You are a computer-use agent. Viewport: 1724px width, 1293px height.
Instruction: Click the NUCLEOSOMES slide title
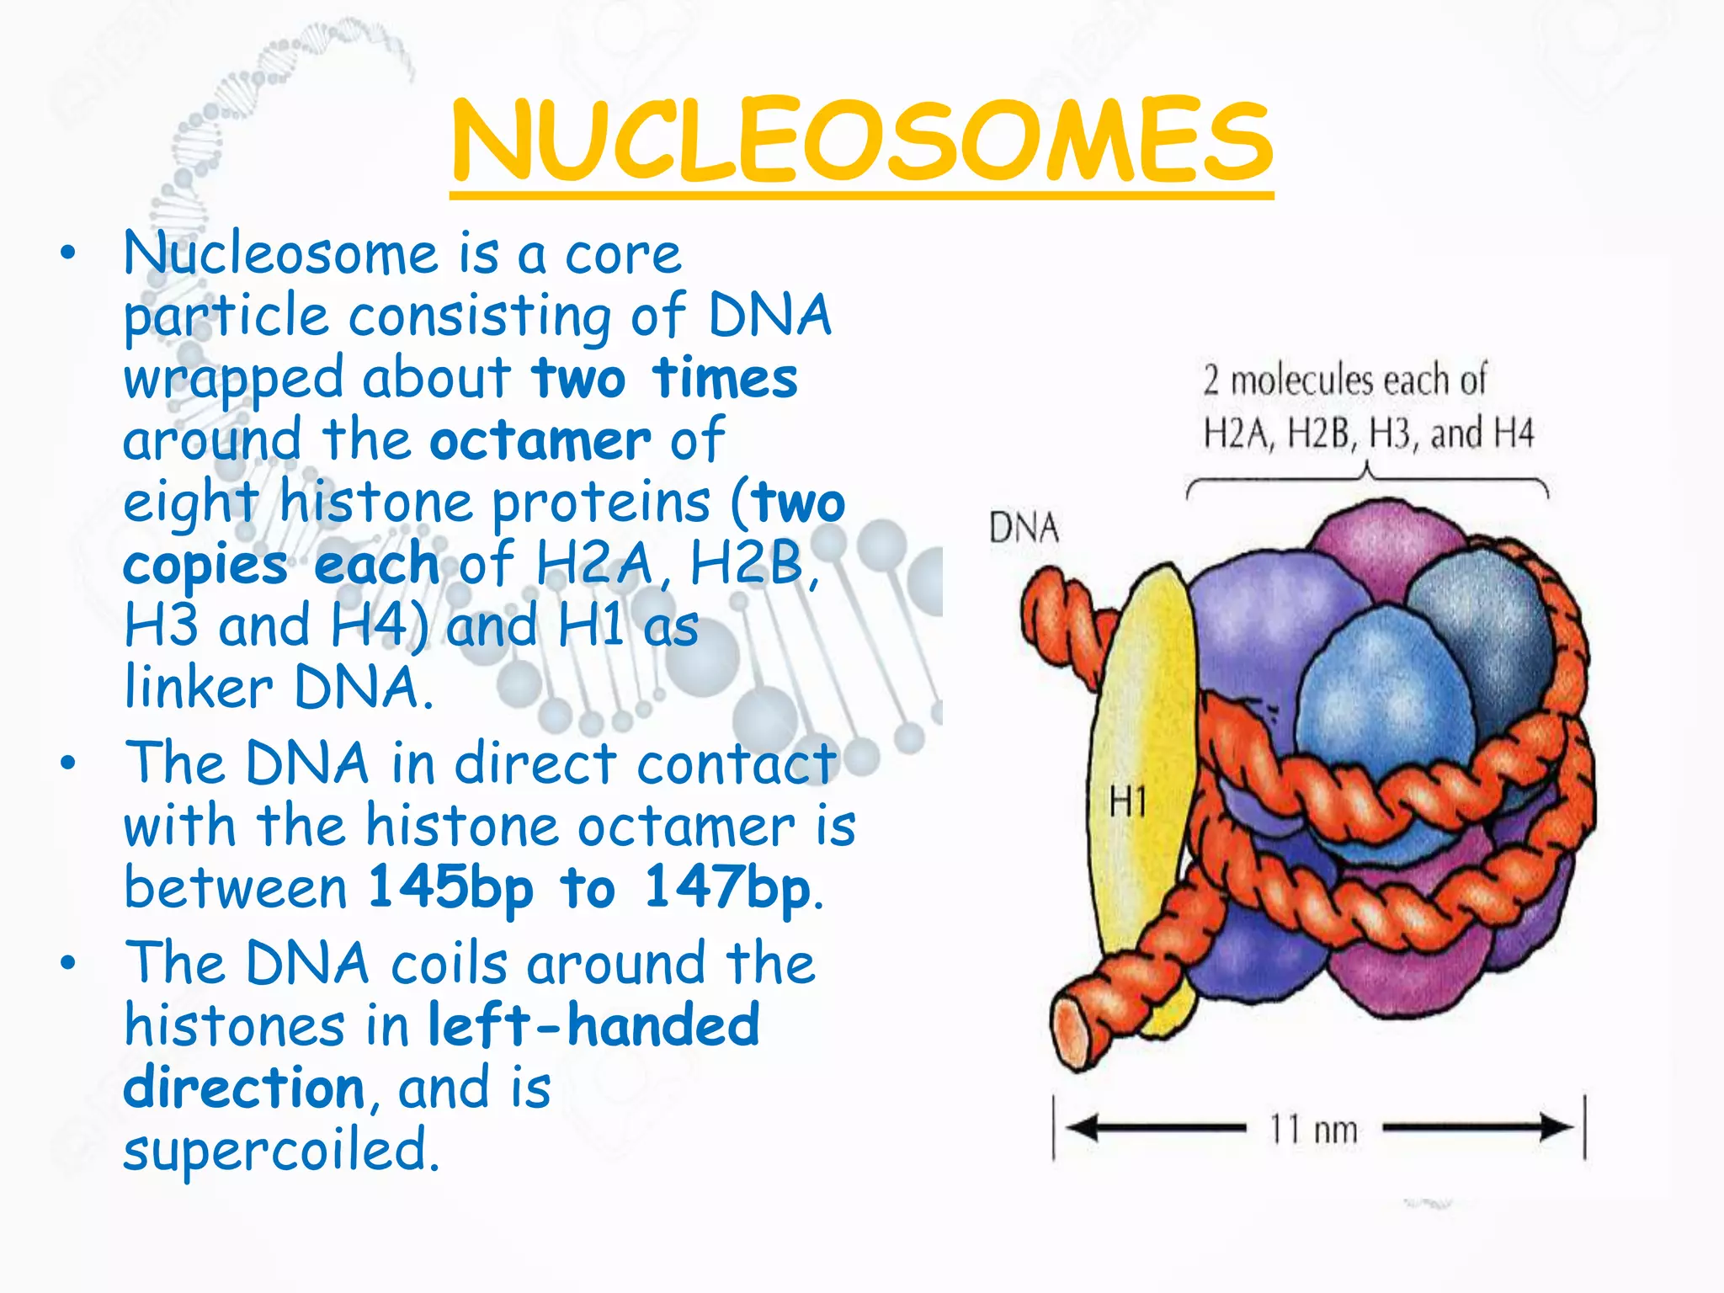[x=861, y=141]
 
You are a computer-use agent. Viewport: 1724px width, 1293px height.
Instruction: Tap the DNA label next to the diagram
[x=1024, y=529]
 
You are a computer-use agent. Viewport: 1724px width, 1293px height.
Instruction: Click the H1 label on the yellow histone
[x=1127, y=801]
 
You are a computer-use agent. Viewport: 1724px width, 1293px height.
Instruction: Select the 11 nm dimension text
[x=1313, y=1130]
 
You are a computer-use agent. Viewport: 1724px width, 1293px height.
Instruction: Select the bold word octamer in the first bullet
[x=540, y=440]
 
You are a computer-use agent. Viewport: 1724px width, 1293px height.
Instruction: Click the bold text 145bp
[x=451, y=887]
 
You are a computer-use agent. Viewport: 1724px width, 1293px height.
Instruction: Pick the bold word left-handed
[x=593, y=1025]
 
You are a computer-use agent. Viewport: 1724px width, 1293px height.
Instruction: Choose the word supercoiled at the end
[x=281, y=1150]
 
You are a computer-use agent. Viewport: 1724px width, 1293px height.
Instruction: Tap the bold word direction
[x=244, y=1088]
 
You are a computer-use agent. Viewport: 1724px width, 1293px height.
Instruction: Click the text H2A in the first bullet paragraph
[x=594, y=563]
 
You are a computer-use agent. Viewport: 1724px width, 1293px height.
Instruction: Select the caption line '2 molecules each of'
[x=1344, y=380]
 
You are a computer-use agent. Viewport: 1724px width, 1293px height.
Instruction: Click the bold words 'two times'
[x=665, y=378]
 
